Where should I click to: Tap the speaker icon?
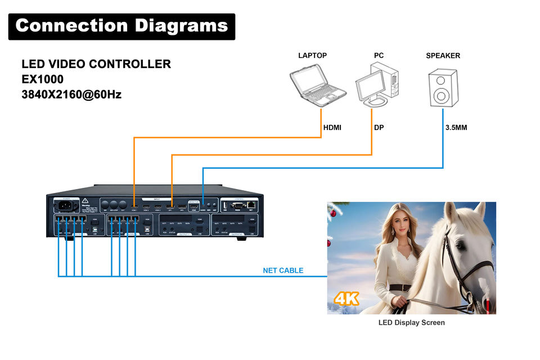click(x=443, y=87)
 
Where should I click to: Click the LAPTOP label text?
click(x=312, y=56)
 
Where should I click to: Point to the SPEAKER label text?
click(x=443, y=56)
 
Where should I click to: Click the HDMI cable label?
click(x=332, y=128)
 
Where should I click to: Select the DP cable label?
click(x=379, y=128)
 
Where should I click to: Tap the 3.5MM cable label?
click(x=456, y=128)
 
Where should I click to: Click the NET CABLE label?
click(x=283, y=271)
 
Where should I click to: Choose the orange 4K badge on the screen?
click(x=346, y=298)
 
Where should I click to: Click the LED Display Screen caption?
click(x=411, y=322)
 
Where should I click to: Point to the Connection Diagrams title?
click(x=121, y=26)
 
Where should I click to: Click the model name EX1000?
click(x=42, y=79)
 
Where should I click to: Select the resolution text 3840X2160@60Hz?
click(x=71, y=94)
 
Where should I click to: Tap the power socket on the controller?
click(x=63, y=205)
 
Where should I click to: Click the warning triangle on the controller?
click(x=85, y=201)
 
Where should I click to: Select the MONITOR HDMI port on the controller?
click(x=193, y=206)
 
